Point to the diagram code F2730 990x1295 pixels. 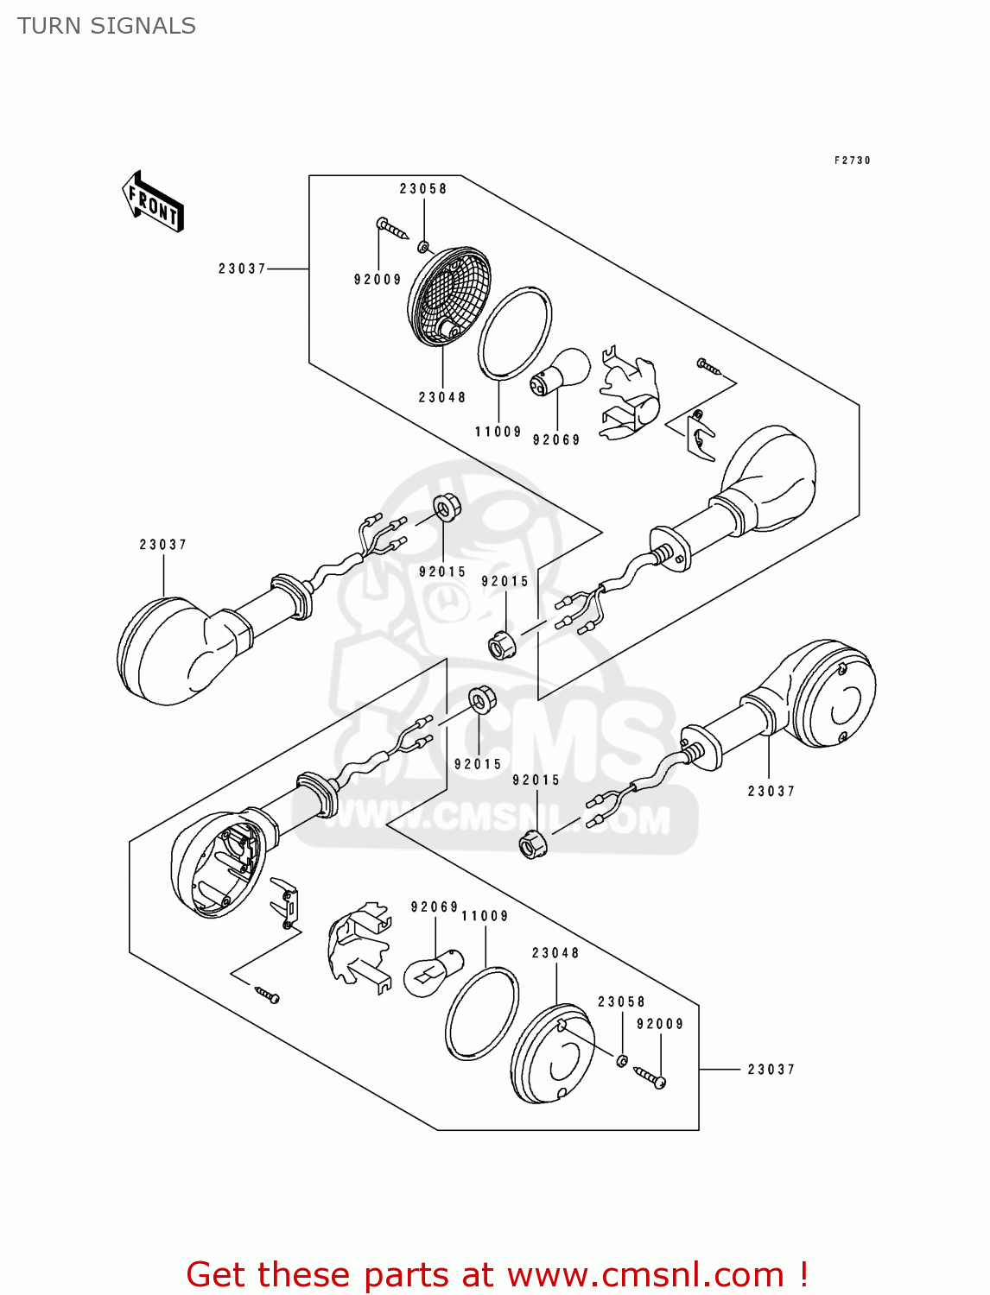pyautogui.click(x=852, y=161)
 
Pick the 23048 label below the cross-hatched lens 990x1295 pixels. pyautogui.click(x=442, y=397)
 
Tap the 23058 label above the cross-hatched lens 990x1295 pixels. pyautogui.click(x=423, y=189)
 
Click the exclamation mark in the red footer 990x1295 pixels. pyautogui.click(x=803, y=1274)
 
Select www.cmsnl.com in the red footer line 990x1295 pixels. pyautogui.click(x=644, y=1274)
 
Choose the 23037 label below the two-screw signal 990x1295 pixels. pyautogui.click(x=771, y=791)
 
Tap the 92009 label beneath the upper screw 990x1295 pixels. pyautogui.click(x=378, y=280)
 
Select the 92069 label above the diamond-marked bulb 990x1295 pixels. pyautogui.click(x=435, y=907)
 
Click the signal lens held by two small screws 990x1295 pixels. pyautogui.click(x=835, y=695)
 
